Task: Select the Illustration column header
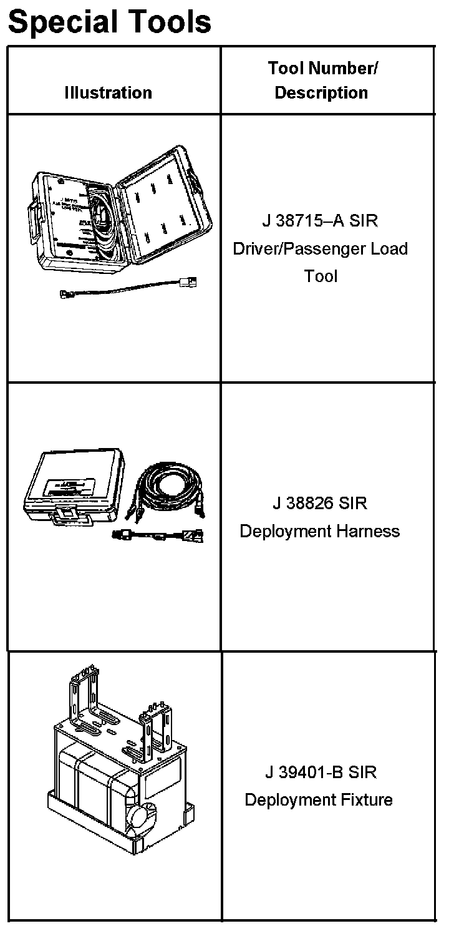(x=108, y=93)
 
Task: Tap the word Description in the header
(x=321, y=93)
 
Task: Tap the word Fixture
(x=362, y=799)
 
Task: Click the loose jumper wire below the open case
(x=125, y=287)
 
